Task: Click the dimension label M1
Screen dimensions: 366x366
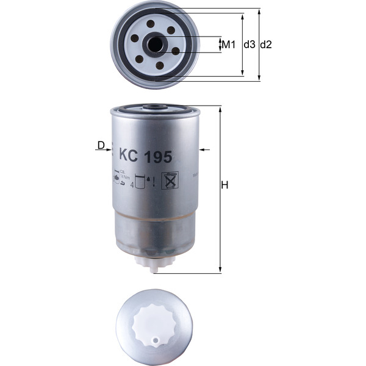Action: (228, 45)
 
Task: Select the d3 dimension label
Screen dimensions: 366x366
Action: (249, 45)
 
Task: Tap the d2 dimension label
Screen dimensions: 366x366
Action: (266, 45)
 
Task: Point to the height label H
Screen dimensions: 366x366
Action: (224, 185)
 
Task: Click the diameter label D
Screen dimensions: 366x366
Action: (101, 145)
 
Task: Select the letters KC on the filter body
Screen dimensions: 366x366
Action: (129, 156)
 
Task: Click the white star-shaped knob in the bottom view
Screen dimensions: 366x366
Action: (153, 325)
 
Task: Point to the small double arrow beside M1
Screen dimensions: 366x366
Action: (220, 45)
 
